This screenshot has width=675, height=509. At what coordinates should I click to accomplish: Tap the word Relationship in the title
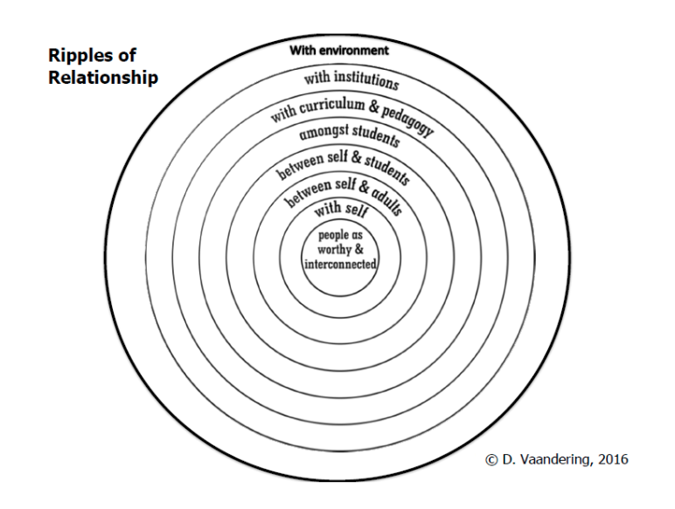103,78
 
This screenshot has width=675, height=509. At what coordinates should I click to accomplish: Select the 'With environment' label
339,50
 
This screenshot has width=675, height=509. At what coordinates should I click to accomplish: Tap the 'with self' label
339,209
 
